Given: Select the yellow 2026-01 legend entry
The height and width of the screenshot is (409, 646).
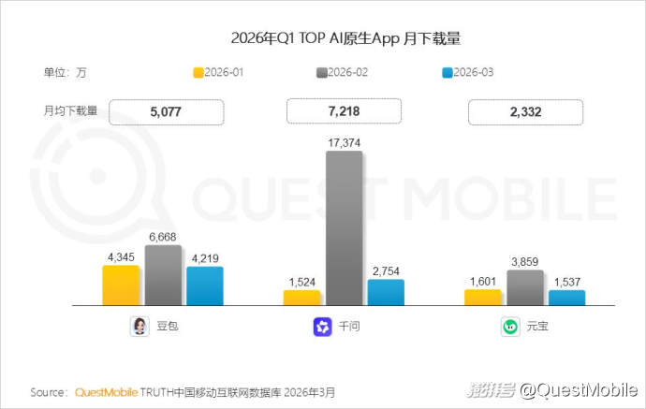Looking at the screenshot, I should [x=219, y=73].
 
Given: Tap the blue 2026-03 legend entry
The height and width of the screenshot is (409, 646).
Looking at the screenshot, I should [x=467, y=73].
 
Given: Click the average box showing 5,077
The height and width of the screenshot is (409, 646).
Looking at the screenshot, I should [x=167, y=112].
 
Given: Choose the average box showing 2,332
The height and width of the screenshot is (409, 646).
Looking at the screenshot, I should [x=525, y=112].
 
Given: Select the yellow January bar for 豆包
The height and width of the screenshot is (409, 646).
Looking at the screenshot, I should [x=121, y=285].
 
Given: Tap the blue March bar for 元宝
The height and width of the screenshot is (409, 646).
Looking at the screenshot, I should [x=566, y=298].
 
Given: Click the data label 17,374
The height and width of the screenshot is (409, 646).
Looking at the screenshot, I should [x=344, y=143].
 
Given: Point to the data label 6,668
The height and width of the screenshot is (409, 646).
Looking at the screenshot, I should [x=163, y=237].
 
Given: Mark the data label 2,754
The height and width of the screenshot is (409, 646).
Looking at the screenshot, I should [x=386, y=270].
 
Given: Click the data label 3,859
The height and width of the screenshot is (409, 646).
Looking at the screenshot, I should [x=524, y=262].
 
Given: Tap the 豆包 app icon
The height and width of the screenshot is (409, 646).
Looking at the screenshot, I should [x=139, y=327].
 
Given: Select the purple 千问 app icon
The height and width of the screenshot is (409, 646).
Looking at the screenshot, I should [x=322, y=327].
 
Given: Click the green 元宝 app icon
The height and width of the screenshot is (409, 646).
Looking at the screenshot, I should [x=509, y=327].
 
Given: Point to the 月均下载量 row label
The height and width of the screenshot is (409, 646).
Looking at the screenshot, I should [x=70, y=110].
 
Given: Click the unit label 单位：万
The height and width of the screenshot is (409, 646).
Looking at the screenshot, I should [x=65, y=73].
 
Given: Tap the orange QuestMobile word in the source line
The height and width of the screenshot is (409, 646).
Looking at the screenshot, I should [x=106, y=392].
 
